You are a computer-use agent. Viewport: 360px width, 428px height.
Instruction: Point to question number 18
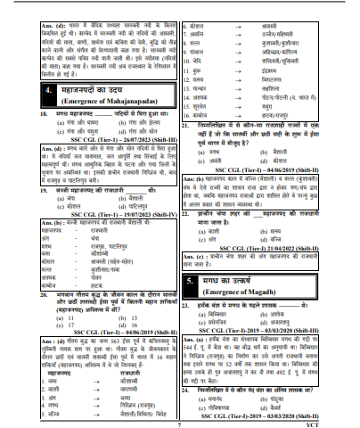pyautogui.click(x=20, y=116)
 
